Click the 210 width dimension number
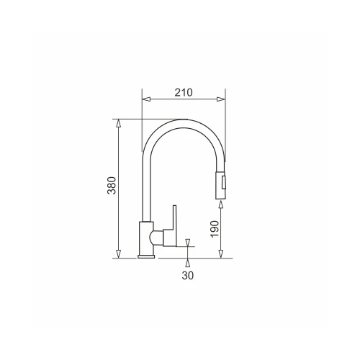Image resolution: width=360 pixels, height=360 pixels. (184, 92)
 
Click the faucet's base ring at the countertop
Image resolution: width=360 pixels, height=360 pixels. (146, 254)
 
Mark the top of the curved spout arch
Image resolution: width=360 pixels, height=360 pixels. (184, 121)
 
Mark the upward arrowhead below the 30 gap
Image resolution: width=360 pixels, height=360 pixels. (187, 261)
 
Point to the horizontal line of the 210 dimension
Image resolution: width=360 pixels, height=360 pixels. (184, 100)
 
